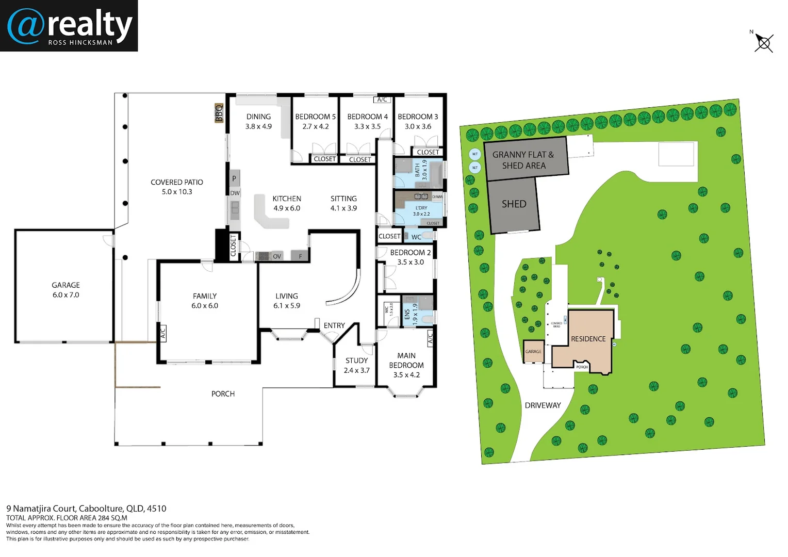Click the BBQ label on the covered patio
coord(219,113)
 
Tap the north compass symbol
coord(763,43)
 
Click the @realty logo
coord(69,26)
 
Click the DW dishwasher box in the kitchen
coord(235,193)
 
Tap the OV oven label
coord(277,256)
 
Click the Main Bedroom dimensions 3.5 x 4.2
coord(406,375)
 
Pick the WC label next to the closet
coord(416,237)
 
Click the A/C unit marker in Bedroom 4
coord(382,100)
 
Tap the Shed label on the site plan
coord(514,204)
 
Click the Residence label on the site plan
coord(588,339)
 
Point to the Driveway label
coord(543,405)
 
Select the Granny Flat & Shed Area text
coord(523,160)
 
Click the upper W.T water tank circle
coord(475,154)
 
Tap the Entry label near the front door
coord(334,325)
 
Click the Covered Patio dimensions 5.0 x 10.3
coord(177,192)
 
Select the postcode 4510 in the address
coord(157,509)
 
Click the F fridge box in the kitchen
coord(300,256)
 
